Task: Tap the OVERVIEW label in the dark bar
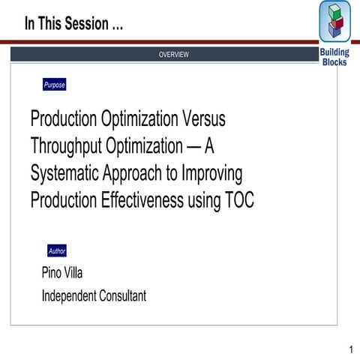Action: tap(173, 55)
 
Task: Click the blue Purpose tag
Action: tap(54, 85)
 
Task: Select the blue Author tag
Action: tap(57, 250)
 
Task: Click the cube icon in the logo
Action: tap(334, 22)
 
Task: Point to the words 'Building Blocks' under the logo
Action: tap(334, 57)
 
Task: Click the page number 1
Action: tap(350, 349)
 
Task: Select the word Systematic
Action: tap(66, 173)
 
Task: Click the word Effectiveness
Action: tap(144, 200)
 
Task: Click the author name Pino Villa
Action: tap(62, 272)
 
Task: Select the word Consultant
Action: tap(122, 296)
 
